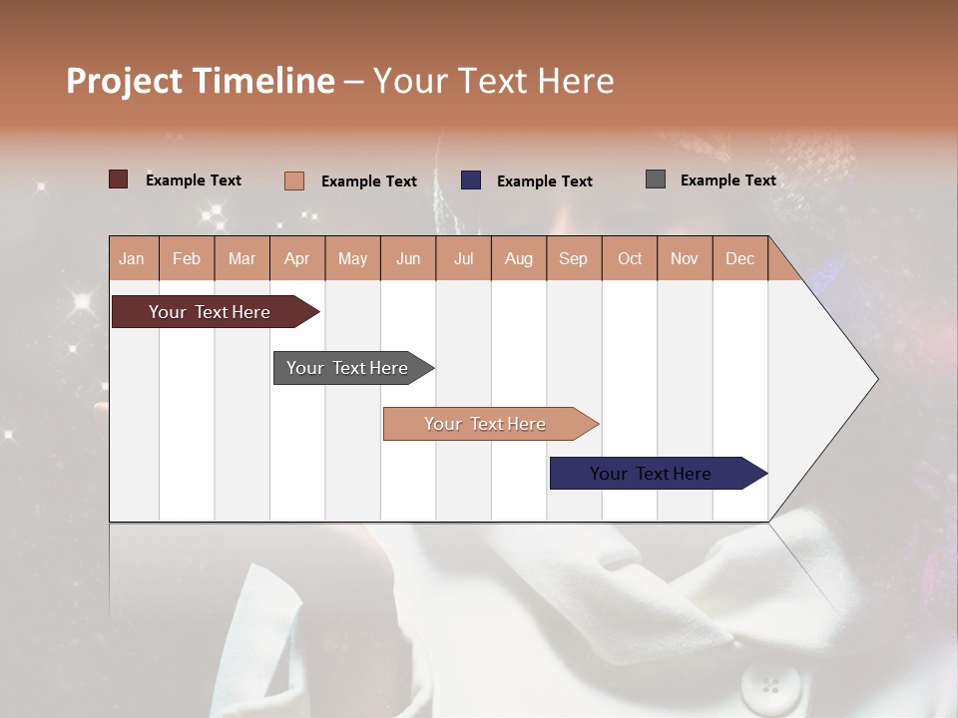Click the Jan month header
(133, 258)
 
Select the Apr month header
(297, 258)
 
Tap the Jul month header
(463, 258)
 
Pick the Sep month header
(573, 258)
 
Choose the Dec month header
(739, 258)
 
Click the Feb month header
(187, 258)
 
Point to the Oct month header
(630, 258)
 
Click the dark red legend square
(119, 179)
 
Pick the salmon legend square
(293, 180)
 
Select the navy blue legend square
(471, 180)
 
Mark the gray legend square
(656, 179)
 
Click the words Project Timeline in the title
(201, 81)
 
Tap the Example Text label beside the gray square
(727, 180)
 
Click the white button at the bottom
(770, 685)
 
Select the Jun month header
(408, 258)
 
